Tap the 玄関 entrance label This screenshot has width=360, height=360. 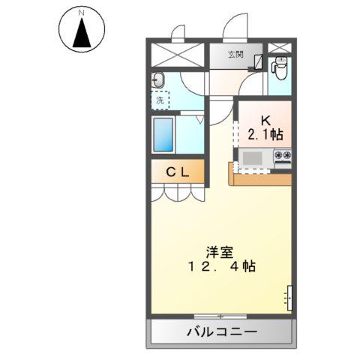click(x=235, y=53)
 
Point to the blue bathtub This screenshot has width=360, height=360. click(x=163, y=135)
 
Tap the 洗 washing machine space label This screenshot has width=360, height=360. click(x=160, y=98)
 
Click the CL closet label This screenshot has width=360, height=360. click(x=178, y=172)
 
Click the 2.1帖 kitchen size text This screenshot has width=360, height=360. click(x=265, y=134)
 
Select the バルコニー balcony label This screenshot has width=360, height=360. click(x=222, y=331)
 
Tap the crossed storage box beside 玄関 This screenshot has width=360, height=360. click(x=177, y=56)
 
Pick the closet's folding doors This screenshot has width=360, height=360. click(x=177, y=192)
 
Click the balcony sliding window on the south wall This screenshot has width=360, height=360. click(x=221, y=315)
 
